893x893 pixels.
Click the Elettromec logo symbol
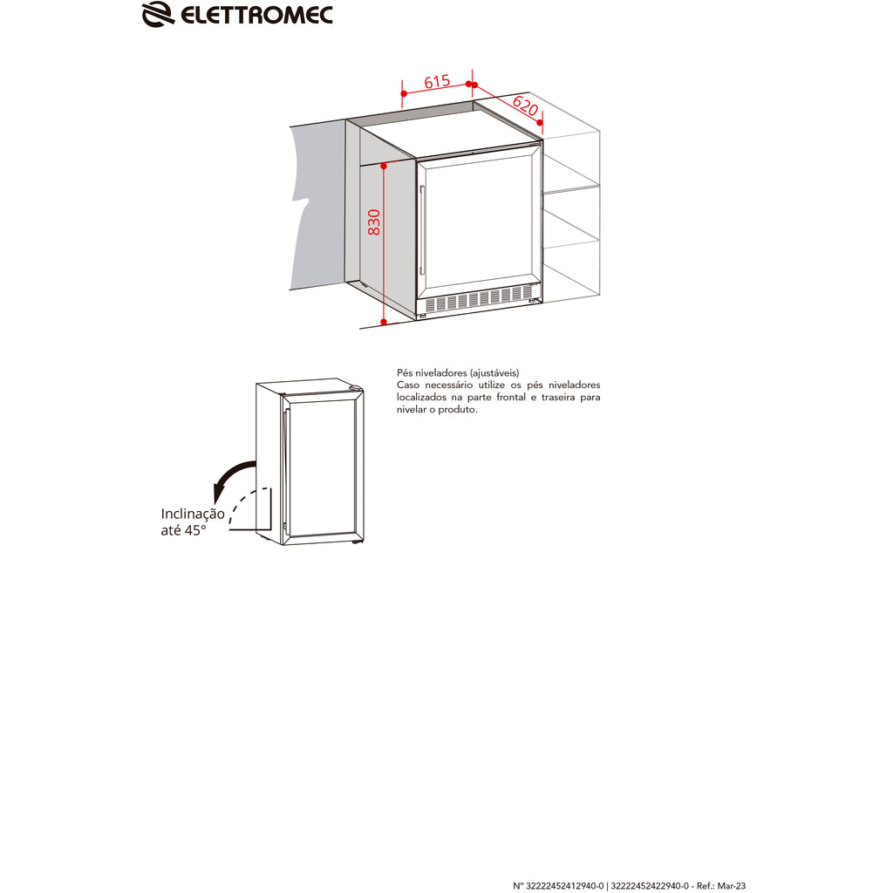pos(158,14)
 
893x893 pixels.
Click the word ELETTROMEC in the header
pos(256,16)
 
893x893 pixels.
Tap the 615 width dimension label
pos(437,82)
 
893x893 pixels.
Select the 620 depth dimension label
pos(525,106)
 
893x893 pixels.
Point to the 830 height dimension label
pos(373,222)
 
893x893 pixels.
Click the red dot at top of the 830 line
pos(384,166)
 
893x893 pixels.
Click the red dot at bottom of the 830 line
pos(384,322)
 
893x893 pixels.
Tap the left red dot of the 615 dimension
pos(403,93)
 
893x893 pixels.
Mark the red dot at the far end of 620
pos(540,122)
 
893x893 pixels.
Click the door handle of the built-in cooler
pos(422,230)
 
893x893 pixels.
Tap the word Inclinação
pos(193,515)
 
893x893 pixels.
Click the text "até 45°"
pos(183,530)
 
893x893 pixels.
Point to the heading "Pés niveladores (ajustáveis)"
pos(458,373)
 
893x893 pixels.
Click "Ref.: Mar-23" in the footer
pos(721,886)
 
